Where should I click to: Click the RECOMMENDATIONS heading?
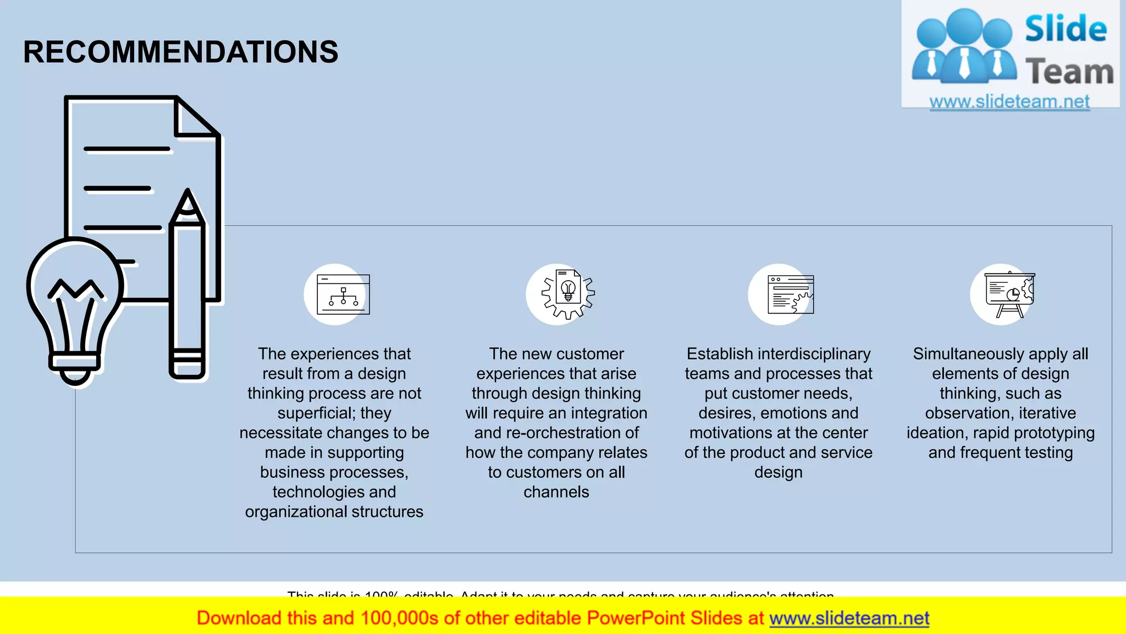(x=180, y=52)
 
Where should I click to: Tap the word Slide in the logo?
(x=1066, y=29)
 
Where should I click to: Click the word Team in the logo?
(x=1069, y=72)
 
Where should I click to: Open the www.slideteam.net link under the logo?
(x=1009, y=102)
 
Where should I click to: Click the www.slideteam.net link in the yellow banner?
(x=849, y=619)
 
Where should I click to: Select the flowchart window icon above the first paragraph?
(x=343, y=295)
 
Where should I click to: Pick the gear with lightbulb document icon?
(x=568, y=294)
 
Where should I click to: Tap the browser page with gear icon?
(x=791, y=295)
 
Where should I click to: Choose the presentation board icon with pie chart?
(x=1009, y=294)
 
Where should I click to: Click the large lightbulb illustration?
(x=75, y=308)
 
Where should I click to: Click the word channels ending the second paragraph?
(x=556, y=492)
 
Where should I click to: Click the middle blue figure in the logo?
(x=964, y=47)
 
